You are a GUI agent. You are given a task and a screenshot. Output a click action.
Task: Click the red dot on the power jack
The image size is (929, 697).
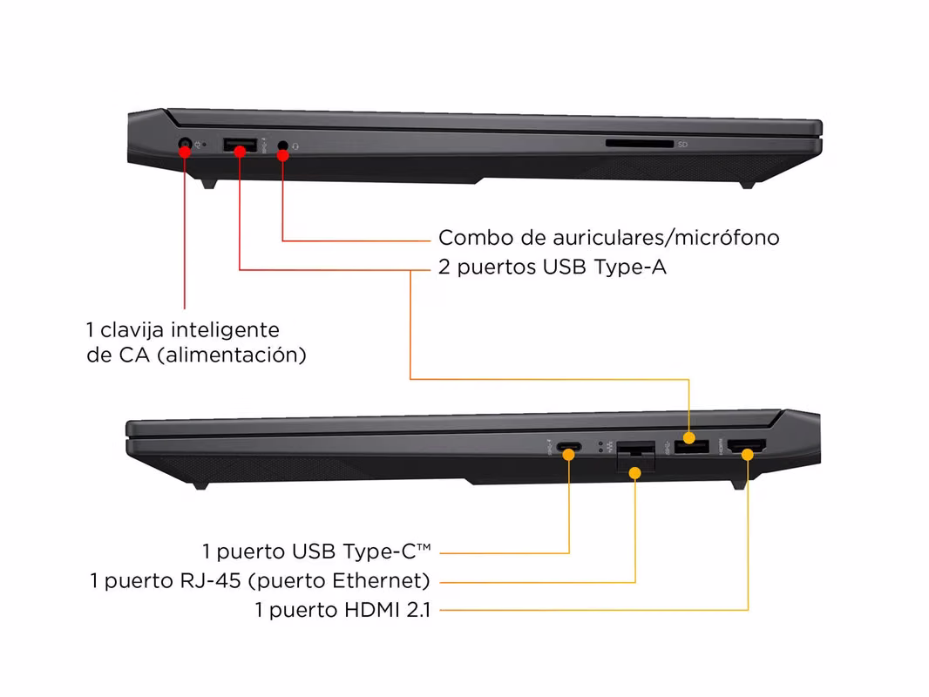pos(185,152)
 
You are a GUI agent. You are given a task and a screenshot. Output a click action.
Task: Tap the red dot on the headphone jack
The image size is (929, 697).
pos(282,155)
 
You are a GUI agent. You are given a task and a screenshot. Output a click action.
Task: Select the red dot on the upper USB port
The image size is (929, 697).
pos(240,152)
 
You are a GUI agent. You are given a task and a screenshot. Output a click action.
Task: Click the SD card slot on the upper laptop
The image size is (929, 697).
pos(640,144)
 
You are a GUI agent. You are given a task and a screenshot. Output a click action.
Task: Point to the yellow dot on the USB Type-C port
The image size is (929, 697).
pos(569,455)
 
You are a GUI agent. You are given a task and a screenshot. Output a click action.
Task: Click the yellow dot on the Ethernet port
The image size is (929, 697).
pos(635,473)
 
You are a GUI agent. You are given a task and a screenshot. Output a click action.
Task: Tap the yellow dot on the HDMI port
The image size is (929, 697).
pos(748,455)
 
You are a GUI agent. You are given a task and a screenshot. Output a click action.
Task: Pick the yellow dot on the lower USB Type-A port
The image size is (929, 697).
pos(689,438)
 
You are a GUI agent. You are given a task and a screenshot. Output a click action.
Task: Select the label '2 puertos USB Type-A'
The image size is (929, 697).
pos(553,267)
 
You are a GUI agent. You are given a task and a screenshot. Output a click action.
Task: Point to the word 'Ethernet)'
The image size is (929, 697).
pos(381,581)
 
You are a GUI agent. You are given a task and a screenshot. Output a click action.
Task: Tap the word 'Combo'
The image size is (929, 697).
pos(476,238)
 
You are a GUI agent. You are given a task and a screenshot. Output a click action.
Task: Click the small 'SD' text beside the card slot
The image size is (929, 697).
pos(682,145)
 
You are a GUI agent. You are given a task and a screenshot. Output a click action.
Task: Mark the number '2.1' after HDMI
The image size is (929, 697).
pos(419,610)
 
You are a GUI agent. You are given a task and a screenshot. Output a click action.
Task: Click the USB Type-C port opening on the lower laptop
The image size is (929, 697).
pos(569,446)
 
